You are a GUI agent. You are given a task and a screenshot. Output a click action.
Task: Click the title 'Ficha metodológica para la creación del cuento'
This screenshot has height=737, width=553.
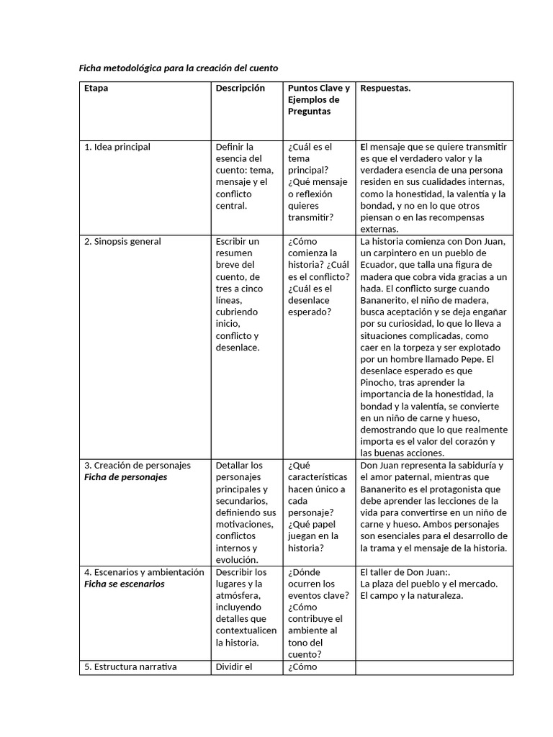coord(178,68)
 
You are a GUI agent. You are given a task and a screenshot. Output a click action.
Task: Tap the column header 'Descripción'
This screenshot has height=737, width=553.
coord(240,89)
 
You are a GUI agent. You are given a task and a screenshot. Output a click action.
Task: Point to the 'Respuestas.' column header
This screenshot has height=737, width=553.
coord(385,89)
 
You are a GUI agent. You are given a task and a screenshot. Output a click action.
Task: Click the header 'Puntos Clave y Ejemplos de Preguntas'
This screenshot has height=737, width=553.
coord(318,100)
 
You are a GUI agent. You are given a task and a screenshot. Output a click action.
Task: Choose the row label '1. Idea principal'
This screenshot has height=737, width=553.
coord(117,147)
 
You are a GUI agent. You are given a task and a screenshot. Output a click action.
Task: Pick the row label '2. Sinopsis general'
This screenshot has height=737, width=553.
coord(122,242)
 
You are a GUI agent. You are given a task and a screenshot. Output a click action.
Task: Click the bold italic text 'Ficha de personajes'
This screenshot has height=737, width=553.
coord(125,477)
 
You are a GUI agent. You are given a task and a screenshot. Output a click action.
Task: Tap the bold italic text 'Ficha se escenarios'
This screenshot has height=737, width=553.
coord(125,584)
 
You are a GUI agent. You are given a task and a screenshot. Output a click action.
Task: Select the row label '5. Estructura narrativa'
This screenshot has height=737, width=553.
coord(130,666)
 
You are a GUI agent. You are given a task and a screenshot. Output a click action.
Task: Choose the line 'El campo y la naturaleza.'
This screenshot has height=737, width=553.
coord(412,595)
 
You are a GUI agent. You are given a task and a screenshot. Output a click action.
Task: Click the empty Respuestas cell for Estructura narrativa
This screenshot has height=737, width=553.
coord(434,667)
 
